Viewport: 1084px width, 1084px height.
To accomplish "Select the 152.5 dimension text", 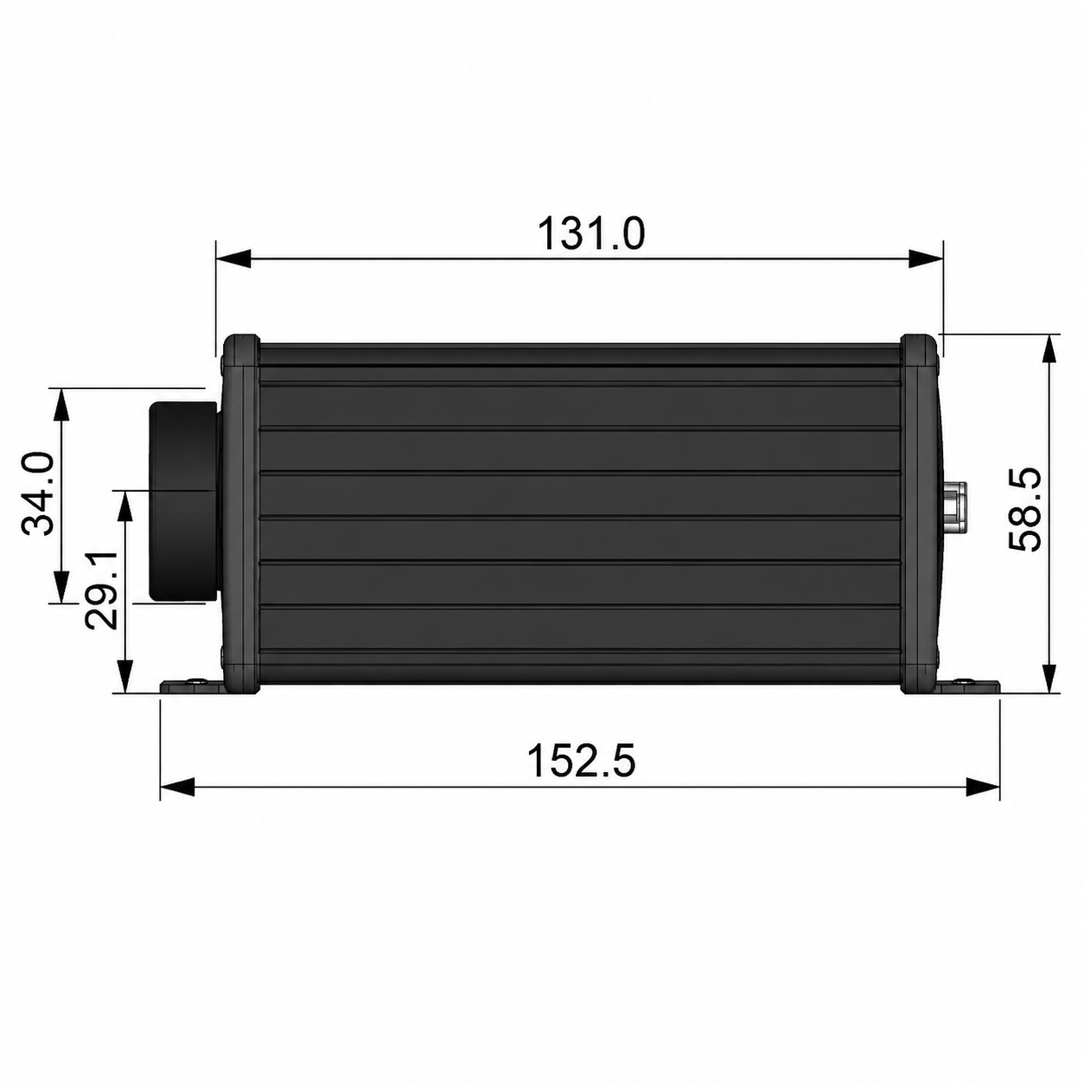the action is [581, 761].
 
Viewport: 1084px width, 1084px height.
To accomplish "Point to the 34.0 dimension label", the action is [38, 494].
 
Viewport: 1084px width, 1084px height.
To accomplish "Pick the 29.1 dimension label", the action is [101, 590].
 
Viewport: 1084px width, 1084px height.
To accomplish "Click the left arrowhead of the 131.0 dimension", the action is [233, 259].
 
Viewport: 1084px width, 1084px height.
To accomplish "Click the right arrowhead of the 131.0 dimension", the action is [926, 259].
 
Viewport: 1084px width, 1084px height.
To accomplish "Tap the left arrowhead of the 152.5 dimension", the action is [177, 787].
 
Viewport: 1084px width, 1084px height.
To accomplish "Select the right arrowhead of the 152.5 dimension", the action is [983, 787].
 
